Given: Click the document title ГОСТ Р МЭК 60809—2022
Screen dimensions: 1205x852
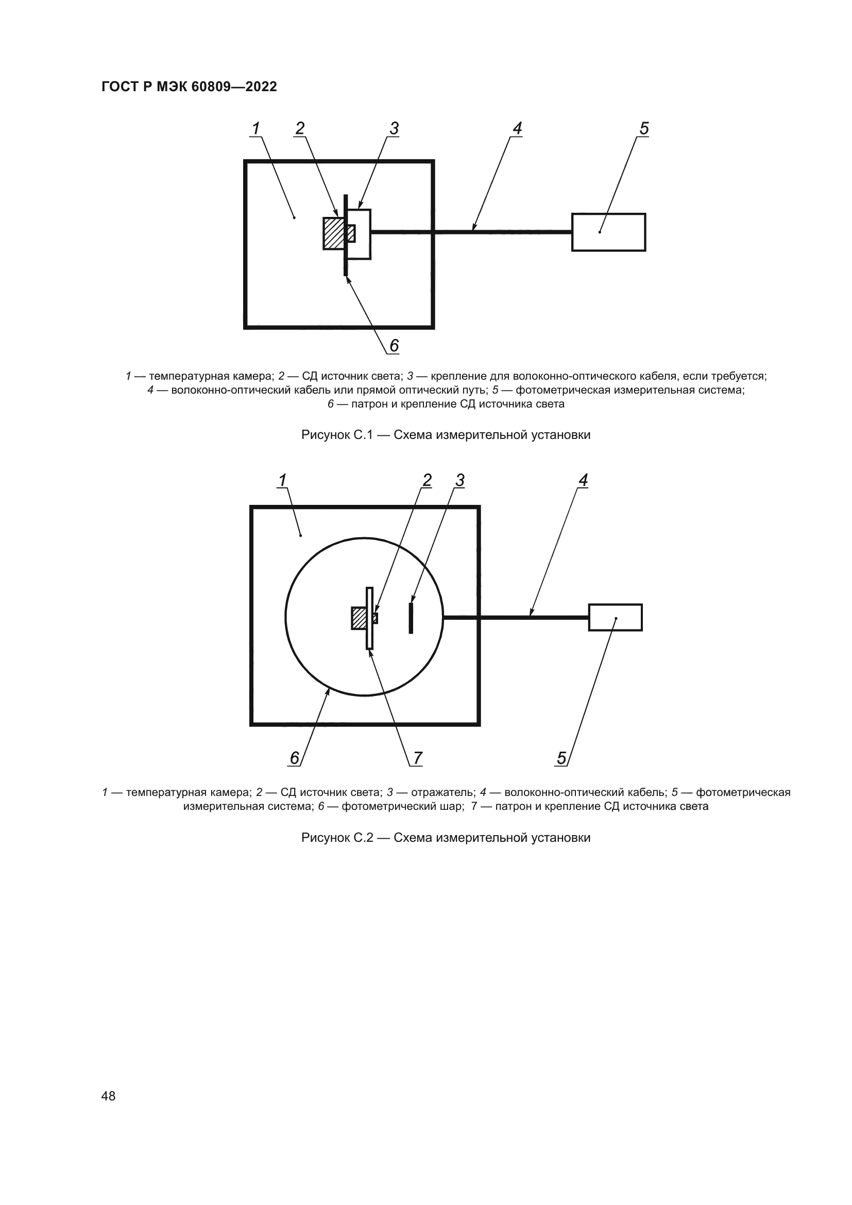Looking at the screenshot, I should [x=189, y=87].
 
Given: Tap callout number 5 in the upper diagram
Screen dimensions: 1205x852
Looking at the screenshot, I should [x=644, y=128].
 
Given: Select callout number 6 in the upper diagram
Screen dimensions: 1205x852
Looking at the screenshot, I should [x=394, y=345].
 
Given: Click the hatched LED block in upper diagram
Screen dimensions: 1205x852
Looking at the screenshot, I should [x=333, y=233].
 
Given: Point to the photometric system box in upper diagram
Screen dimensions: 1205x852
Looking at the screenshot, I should [x=608, y=232].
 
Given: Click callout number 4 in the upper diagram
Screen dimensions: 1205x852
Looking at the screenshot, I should [x=517, y=128].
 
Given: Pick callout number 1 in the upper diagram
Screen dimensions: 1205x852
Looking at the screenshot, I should [x=256, y=128].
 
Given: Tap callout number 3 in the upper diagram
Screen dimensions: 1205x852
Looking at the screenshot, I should [x=394, y=128].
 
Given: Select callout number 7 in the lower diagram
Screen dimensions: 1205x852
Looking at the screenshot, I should [x=418, y=758].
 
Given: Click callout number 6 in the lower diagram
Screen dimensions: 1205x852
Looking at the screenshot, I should [x=294, y=758].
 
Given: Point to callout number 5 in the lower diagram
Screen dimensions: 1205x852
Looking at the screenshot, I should [x=561, y=758].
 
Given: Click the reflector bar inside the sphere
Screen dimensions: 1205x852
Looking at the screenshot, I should [x=411, y=618].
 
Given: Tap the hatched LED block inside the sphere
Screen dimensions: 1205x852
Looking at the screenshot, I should [x=359, y=618].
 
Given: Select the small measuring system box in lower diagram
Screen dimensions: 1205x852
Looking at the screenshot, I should [x=616, y=618].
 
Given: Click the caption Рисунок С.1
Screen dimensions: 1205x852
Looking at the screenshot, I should [x=446, y=435].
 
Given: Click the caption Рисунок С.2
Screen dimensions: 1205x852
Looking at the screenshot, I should [x=446, y=838].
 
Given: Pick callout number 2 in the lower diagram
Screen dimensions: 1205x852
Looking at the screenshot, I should [x=427, y=480].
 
